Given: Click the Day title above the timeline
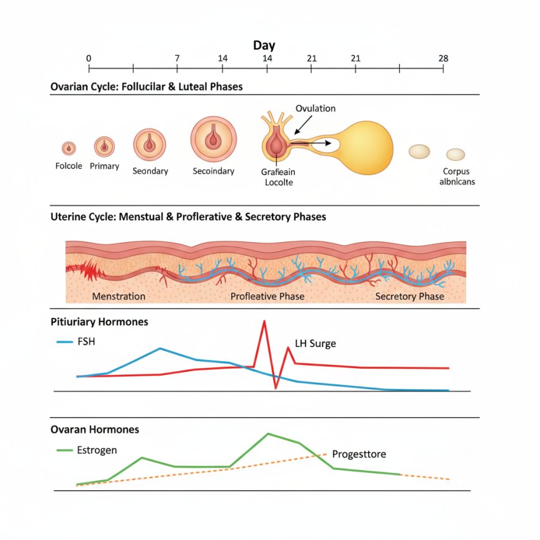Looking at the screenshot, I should pyautogui.click(x=264, y=45).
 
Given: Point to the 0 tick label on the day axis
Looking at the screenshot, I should pyautogui.click(x=89, y=58).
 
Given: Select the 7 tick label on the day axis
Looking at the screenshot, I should pyautogui.click(x=178, y=58).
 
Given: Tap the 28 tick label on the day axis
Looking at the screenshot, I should pyautogui.click(x=443, y=58).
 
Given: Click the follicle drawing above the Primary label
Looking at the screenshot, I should pyautogui.click(x=104, y=147).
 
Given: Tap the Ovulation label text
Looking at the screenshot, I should pyautogui.click(x=315, y=109).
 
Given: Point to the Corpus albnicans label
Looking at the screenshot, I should pyautogui.click(x=457, y=176).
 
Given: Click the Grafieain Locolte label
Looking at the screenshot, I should pyautogui.click(x=279, y=177).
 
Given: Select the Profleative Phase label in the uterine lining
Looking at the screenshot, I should pyautogui.click(x=268, y=296).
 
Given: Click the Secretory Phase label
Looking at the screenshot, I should pyautogui.click(x=410, y=296).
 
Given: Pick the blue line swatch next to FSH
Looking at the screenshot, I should pyautogui.click(x=65, y=341).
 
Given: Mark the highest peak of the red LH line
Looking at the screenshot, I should pyautogui.click(x=265, y=321).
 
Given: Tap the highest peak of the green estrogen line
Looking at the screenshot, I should pyautogui.click(x=268, y=433).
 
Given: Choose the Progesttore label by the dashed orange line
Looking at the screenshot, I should pyautogui.click(x=359, y=454).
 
